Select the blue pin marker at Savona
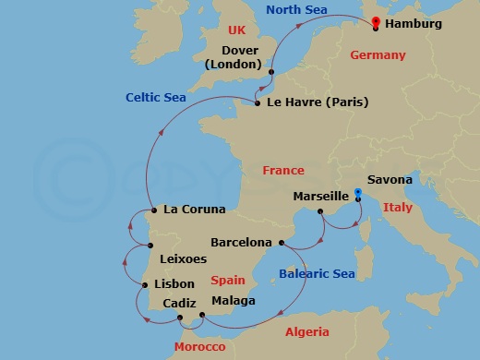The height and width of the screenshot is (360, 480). [357, 196]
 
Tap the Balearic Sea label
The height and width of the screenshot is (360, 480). [317, 273]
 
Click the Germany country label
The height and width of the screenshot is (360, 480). [378, 55]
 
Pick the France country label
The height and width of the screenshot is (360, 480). [282, 171]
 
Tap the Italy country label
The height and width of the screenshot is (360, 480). [398, 208]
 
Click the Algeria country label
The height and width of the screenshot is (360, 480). [306, 330]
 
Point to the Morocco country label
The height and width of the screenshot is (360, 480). [199, 346]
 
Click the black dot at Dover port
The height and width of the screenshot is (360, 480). [271, 71]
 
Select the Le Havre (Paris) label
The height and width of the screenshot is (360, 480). [317, 102]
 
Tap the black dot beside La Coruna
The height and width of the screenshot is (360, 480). [151, 210]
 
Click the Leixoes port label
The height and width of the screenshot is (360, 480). [183, 259]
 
